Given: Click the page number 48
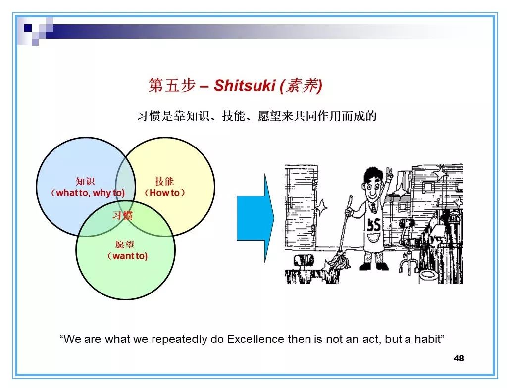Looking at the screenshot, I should pyautogui.click(x=459, y=358).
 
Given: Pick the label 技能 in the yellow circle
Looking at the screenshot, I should pyautogui.click(x=164, y=181).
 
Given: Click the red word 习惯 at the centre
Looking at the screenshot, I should pyautogui.click(x=122, y=216).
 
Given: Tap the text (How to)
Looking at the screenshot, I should pyautogui.click(x=164, y=193).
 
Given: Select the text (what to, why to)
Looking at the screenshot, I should pyautogui.click(x=88, y=193).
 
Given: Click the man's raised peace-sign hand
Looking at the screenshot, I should pyautogui.click(x=389, y=174).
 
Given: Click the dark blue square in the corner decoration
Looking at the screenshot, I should pyautogui.click(x=28, y=28).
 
